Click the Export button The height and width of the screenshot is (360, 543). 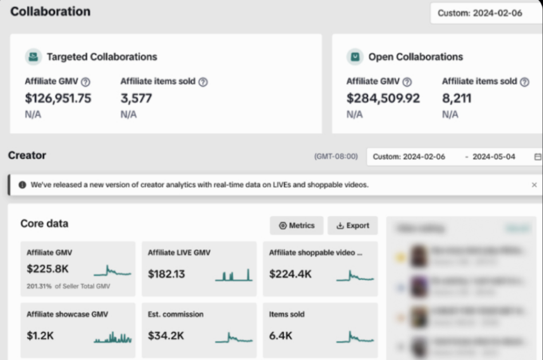352,225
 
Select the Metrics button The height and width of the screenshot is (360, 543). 297,225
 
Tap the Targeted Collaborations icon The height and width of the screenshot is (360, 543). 33,57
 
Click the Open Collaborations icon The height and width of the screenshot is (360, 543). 355,57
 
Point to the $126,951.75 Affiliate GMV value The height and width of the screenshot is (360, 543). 58,98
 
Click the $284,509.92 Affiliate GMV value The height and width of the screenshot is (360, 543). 383,98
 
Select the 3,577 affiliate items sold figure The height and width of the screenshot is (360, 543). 136,98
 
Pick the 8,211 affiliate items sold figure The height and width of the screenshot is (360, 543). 457,98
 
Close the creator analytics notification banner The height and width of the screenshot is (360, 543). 534,185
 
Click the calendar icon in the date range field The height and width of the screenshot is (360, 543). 537,156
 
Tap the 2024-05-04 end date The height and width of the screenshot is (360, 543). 493,156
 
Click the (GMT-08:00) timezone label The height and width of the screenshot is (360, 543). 336,156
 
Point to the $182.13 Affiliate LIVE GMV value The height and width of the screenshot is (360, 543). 166,274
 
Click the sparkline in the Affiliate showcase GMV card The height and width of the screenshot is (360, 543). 113,337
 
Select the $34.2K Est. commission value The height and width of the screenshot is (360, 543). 166,336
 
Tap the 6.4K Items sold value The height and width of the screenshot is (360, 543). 281,336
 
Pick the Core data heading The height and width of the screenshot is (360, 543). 44,224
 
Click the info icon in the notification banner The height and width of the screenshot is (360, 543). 22,185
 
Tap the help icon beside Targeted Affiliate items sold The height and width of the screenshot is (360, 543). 203,82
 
